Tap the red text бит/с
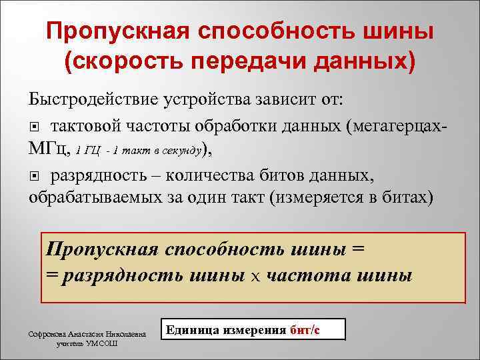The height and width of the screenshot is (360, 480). pyautogui.click(x=306, y=330)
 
